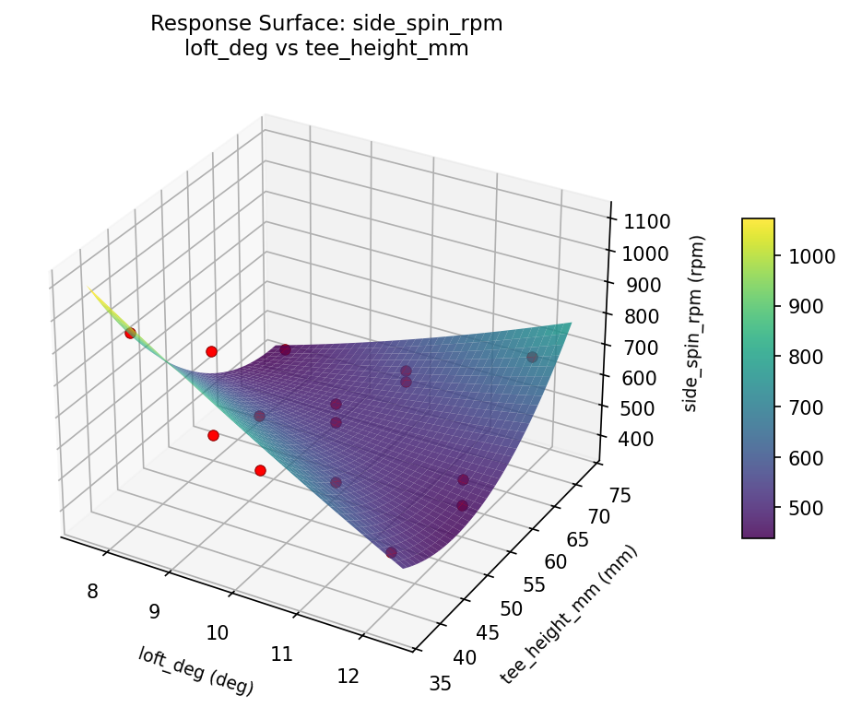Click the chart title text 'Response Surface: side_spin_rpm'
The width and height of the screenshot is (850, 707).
tap(326, 24)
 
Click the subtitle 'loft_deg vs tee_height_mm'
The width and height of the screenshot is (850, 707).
tap(326, 49)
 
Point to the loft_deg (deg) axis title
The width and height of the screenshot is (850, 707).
tap(195, 670)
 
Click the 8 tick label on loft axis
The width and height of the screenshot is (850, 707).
tap(92, 591)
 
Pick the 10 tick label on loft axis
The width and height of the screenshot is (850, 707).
tap(218, 632)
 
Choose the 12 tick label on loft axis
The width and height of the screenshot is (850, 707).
tap(348, 676)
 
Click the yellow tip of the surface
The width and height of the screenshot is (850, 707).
tap(92, 290)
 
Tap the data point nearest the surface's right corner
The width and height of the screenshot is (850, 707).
tap(532, 357)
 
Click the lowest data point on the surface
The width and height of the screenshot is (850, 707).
tap(392, 552)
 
